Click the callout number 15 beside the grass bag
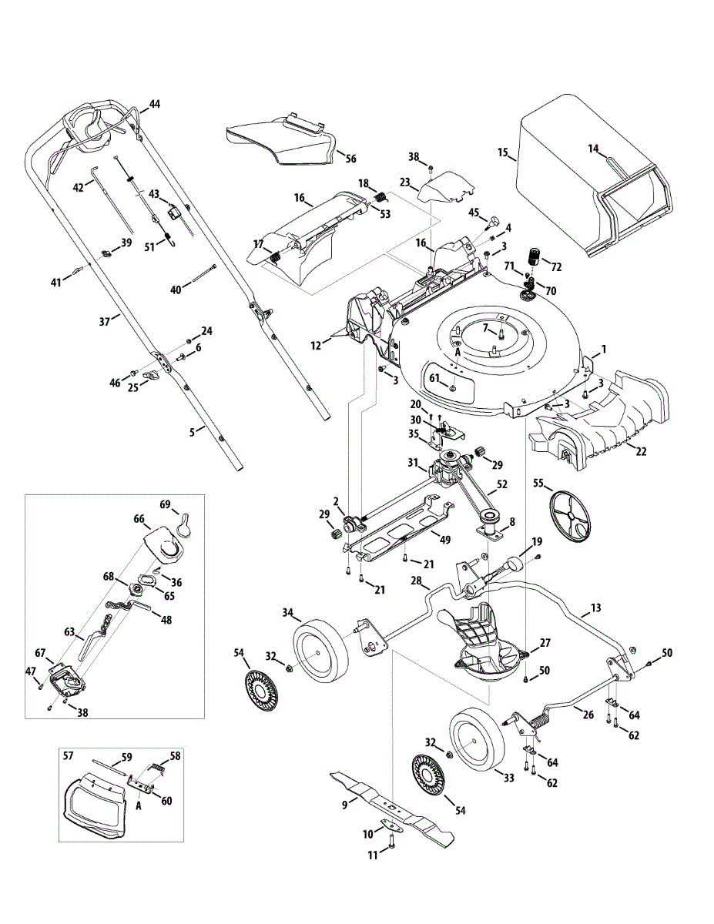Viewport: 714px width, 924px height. click(x=503, y=152)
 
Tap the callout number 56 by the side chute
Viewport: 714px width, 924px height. click(x=350, y=158)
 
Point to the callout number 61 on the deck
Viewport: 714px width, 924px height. click(x=434, y=378)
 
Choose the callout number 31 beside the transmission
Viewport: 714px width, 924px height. click(x=414, y=462)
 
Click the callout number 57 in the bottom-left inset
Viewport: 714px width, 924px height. click(x=68, y=755)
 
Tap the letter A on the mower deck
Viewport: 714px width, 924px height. click(x=458, y=352)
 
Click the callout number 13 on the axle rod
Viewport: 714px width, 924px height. click(x=596, y=608)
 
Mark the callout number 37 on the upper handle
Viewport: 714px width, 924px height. click(x=105, y=321)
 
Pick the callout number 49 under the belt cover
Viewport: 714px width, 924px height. click(x=445, y=540)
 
